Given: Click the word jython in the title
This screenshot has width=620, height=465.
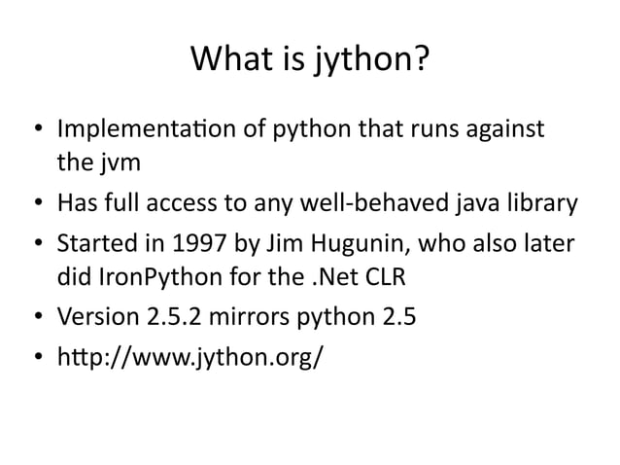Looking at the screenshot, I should click(370, 61).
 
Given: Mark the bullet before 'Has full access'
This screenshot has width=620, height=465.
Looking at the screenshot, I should click(35, 205).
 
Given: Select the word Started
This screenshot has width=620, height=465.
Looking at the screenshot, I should click(94, 243).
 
